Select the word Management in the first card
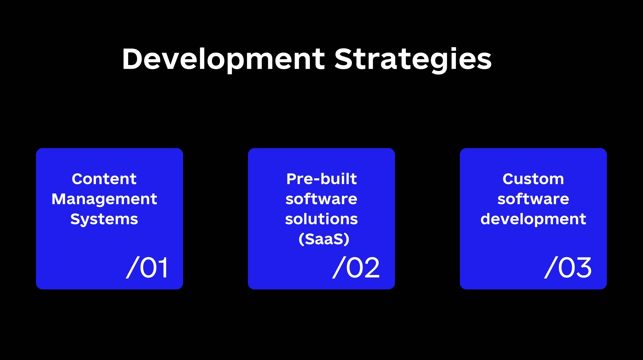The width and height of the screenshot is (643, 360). click(x=104, y=199)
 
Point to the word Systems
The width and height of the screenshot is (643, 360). click(x=104, y=219)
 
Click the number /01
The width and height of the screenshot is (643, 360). click(x=147, y=267)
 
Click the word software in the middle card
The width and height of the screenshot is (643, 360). click(x=321, y=199)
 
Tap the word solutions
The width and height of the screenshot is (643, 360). click(x=321, y=219)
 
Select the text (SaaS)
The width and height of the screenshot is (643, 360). click(x=324, y=239)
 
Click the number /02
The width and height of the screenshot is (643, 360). click(x=356, y=267)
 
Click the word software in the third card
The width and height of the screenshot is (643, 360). click(x=533, y=199)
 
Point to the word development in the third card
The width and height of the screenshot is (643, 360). click(x=533, y=219)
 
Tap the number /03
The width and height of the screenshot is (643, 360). click(x=568, y=267)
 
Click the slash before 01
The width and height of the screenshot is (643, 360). click(x=132, y=267)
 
